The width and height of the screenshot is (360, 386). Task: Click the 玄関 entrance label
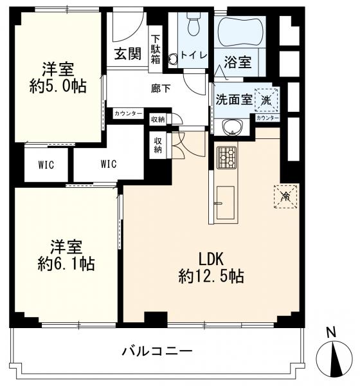[x=128, y=53]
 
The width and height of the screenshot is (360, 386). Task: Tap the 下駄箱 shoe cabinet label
[x=156, y=50]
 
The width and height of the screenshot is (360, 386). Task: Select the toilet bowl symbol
[x=194, y=23]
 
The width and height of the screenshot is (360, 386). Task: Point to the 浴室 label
[x=237, y=62]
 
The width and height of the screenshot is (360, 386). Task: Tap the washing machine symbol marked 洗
[x=266, y=100]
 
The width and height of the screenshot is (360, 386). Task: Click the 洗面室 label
[x=234, y=100]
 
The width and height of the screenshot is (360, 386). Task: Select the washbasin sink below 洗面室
[x=232, y=127]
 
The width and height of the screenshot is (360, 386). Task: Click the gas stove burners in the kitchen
[x=226, y=158]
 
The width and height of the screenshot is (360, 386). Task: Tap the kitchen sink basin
[x=225, y=203]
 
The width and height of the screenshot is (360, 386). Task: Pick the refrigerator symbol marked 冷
[x=285, y=197]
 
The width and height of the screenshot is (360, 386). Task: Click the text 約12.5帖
[x=211, y=276]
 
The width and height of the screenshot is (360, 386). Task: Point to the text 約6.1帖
[x=66, y=264]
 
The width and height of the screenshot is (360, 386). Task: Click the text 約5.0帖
[x=58, y=86]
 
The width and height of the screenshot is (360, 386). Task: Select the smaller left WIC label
[x=46, y=165]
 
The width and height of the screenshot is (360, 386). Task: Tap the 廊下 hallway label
[x=161, y=89]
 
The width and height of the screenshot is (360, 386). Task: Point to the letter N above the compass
[x=331, y=333]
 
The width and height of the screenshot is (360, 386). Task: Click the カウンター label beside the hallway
[x=128, y=113]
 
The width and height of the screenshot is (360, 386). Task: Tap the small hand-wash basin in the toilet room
[x=172, y=59]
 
